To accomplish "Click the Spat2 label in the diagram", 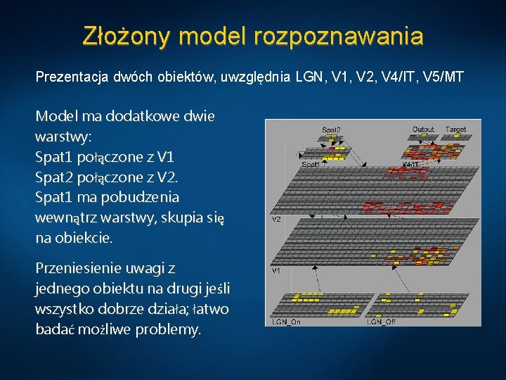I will (331, 129).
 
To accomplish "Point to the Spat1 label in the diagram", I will (311, 164).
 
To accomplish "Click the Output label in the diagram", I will (423, 129).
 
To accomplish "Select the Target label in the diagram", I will (455, 129).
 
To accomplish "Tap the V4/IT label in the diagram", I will (410, 164).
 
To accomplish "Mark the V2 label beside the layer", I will (277, 220).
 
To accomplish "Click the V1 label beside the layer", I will (277, 270).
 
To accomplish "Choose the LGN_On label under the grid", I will (287, 322).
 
